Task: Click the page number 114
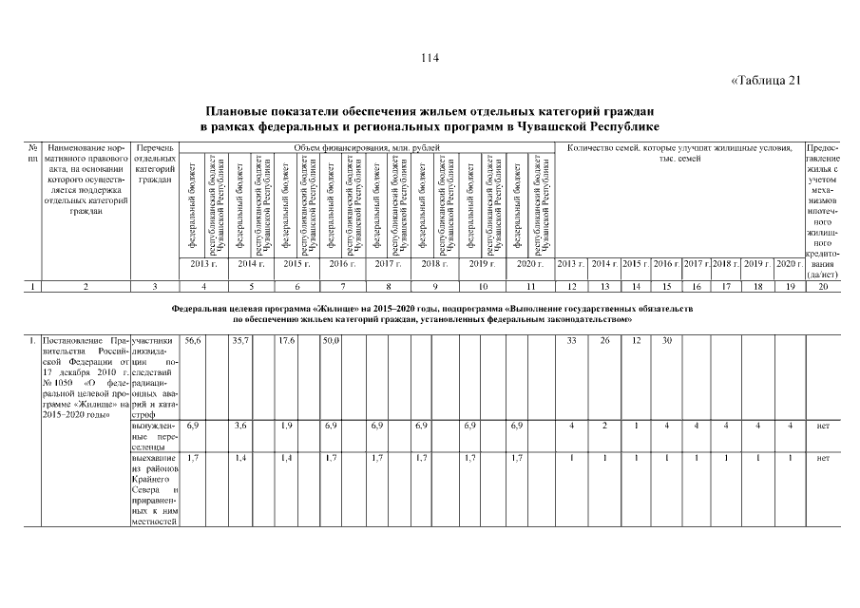click(x=430, y=59)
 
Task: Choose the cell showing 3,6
click(x=239, y=427)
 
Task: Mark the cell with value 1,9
click(x=286, y=427)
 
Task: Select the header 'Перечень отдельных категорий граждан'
click(x=154, y=163)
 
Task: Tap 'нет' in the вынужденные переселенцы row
click(x=823, y=427)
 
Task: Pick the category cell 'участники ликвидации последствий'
click(x=154, y=362)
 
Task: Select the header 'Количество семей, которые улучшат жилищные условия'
click(x=679, y=147)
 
